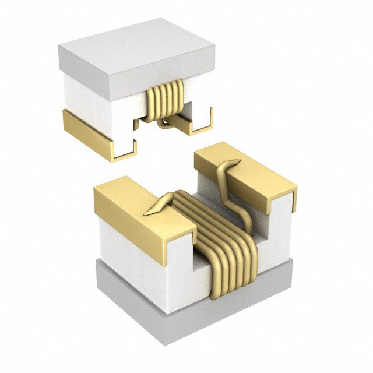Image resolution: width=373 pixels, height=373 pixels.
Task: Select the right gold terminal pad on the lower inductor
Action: click(x=245, y=169)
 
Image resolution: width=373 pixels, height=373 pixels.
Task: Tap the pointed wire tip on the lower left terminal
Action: click(x=153, y=209)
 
